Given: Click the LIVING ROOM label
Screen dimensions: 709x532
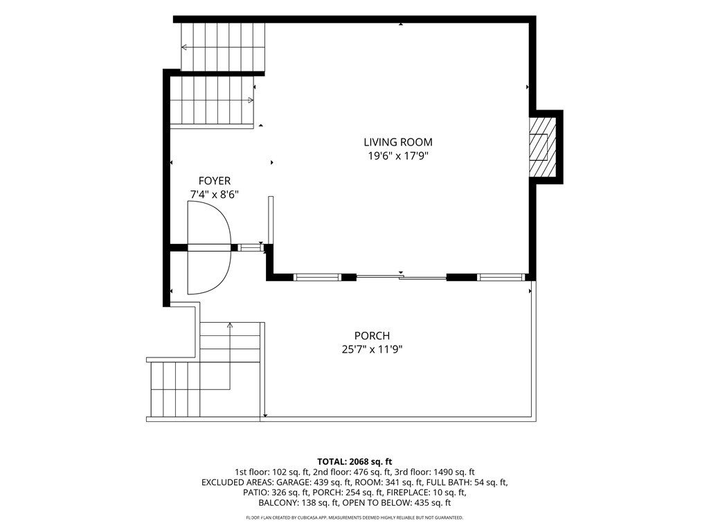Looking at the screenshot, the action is (x=398, y=142).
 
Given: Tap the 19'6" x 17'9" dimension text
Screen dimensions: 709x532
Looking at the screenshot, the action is (x=398, y=156).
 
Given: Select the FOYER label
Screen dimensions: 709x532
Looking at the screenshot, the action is (x=215, y=181).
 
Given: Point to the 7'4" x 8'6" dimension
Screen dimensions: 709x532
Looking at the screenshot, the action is (x=215, y=195).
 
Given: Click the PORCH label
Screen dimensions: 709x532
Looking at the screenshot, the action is (x=372, y=336).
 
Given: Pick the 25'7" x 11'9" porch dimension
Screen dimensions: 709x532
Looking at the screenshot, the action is (x=372, y=350).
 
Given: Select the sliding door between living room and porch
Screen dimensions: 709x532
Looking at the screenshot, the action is (x=402, y=277).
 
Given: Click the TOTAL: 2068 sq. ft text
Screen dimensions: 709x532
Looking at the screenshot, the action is (x=354, y=462).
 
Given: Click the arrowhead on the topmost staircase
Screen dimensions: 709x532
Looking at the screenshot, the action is (x=184, y=47).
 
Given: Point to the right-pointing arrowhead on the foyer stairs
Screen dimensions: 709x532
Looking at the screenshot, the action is (x=251, y=100).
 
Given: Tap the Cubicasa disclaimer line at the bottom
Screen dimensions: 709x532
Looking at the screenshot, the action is (x=354, y=517).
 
